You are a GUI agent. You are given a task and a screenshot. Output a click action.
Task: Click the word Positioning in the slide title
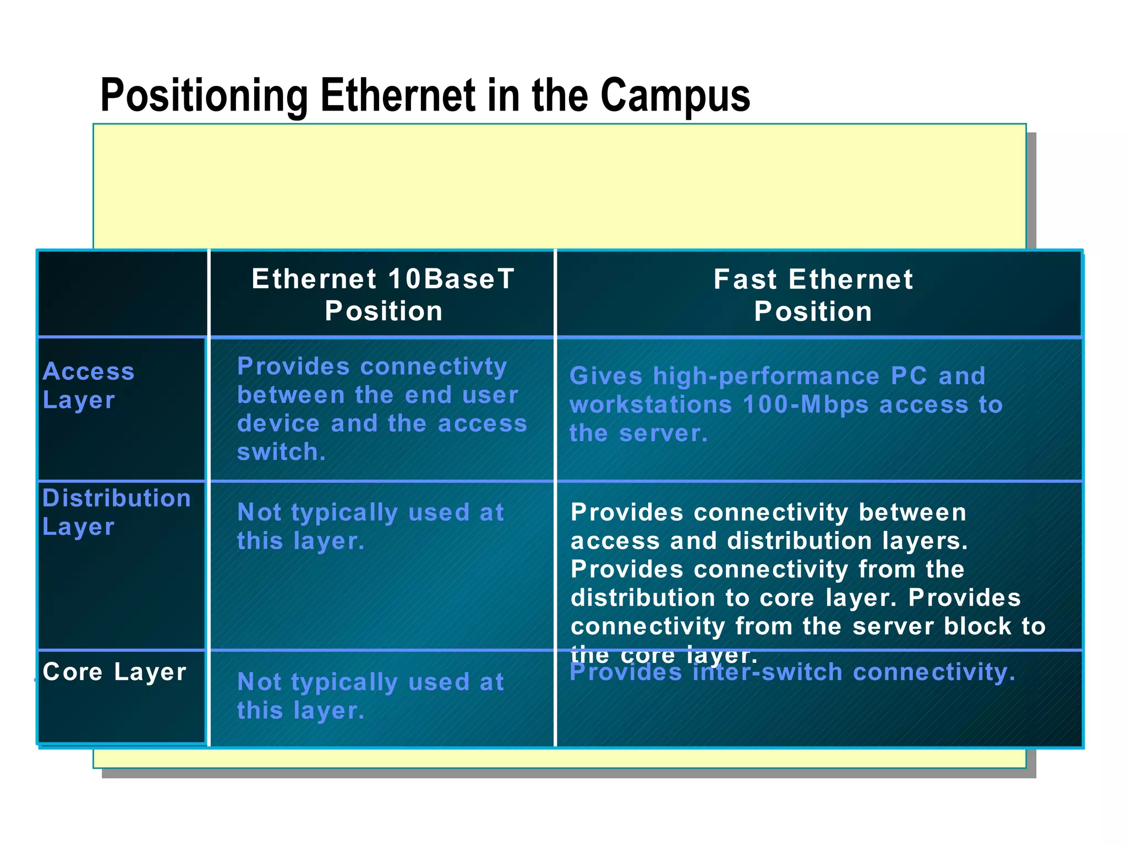[x=204, y=96]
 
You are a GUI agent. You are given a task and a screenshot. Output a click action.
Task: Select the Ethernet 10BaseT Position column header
[x=383, y=295]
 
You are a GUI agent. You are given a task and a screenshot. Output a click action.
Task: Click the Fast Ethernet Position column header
[x=813, y=295]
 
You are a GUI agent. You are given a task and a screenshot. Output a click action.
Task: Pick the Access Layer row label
[x=88, y=386]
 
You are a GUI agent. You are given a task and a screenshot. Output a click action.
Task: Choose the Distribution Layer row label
[x=116, y=512]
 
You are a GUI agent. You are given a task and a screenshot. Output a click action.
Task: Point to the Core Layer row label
[x=114, y=672]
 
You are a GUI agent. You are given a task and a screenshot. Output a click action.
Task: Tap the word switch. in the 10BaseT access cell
[x=281, y=452]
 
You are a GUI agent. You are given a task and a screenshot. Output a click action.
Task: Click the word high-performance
[x=766, y=376]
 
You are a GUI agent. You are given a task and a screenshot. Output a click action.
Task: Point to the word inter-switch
[x=767, y=672]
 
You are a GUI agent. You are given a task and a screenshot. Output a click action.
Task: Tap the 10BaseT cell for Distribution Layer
[x=370, y=526]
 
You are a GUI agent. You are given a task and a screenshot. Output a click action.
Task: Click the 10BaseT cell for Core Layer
[x=370, y=696]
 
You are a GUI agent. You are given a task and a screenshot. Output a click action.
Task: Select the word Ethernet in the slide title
[x=398, y=96]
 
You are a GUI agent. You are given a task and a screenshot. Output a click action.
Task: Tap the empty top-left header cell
[x=122, y=293]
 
